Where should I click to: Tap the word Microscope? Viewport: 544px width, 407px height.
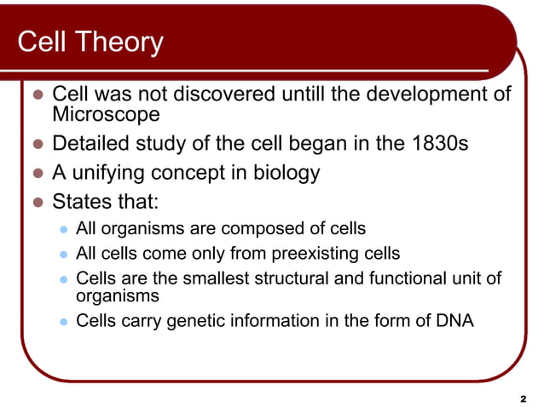[106, 113]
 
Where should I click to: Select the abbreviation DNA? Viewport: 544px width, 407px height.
[454, 321]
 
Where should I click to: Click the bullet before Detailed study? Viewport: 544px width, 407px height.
[37, 144]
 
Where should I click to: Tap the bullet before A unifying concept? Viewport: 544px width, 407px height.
[37, 174]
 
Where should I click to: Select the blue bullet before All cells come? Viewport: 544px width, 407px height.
[62, 254]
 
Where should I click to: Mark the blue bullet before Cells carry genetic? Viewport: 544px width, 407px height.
[62, 322]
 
